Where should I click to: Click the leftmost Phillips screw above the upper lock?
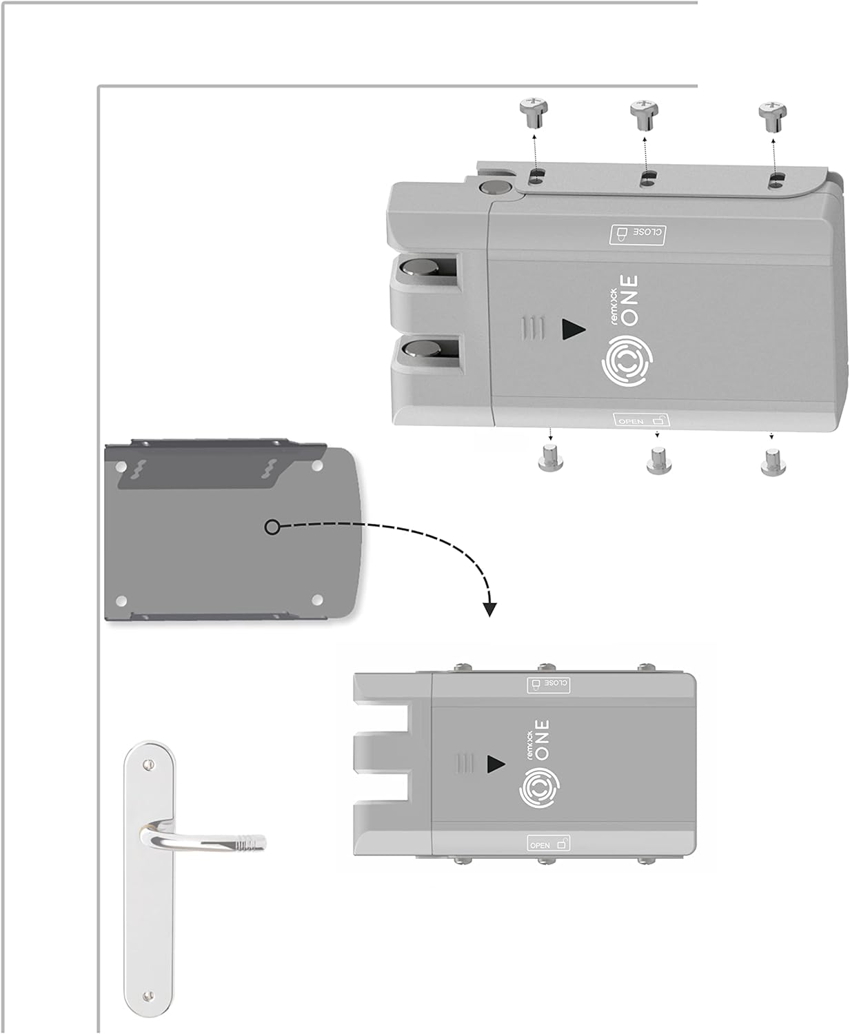tap(533, 112)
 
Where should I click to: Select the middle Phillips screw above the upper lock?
tap(645, 114)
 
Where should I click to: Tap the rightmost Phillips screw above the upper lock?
tap(772, 114)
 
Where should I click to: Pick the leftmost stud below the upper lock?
tap(549, 458)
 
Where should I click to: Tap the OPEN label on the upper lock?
tap(641, 419)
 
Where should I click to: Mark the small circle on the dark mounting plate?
tap(272, 527)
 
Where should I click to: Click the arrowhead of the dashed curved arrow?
tap(489, 609)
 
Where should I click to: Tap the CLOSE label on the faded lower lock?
tap(548, 684)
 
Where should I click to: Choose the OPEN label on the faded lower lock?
tap(549, 844)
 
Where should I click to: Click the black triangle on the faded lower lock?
tap(496, 764)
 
